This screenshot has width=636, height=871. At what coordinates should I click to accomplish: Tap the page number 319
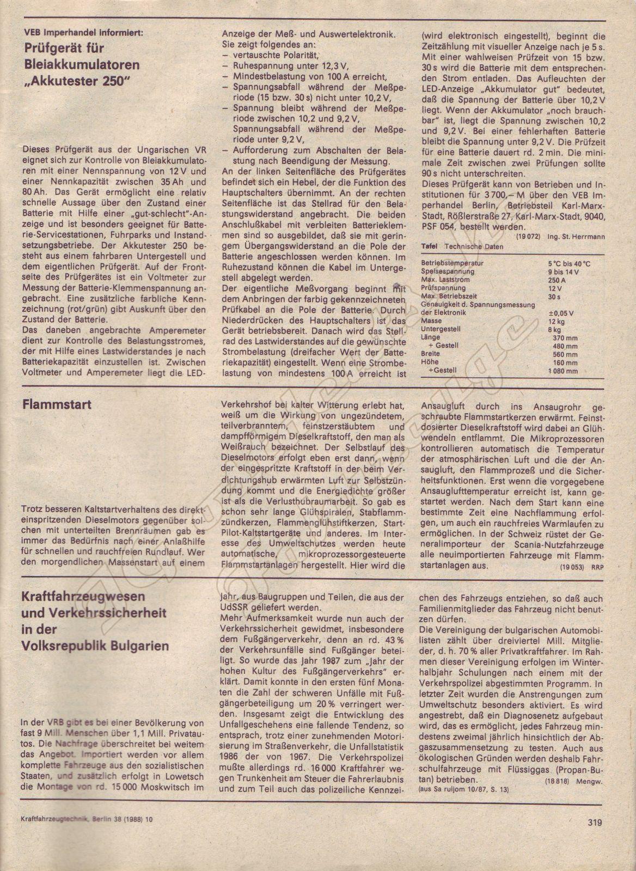pyautogui.click(x=595, y=823)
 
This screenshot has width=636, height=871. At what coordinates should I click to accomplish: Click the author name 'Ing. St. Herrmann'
pyautogui.click(x=571, y=237)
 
